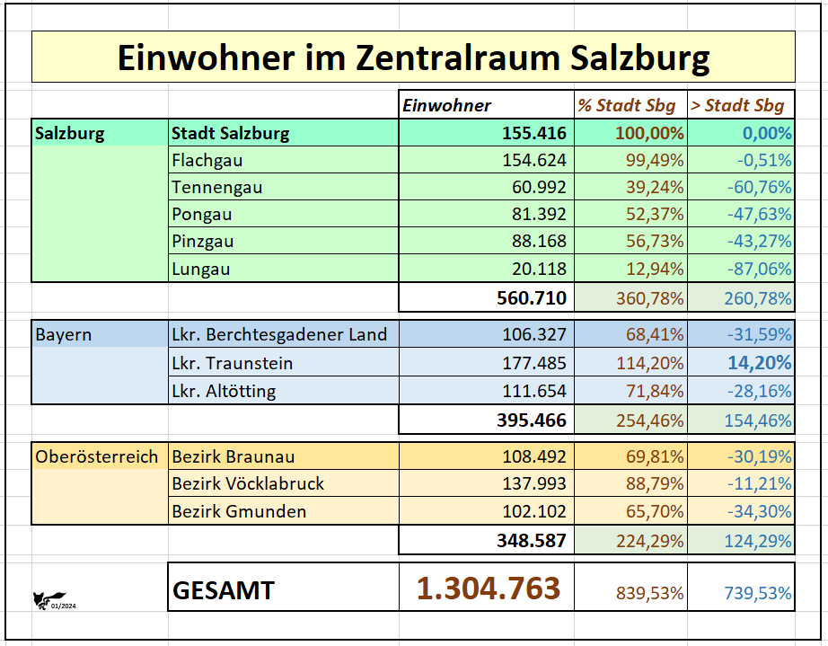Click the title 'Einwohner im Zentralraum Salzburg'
pyautogui.click(x=413, y=58)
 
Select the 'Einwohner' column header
pyautogui.click(x=447, y=105)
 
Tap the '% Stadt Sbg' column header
pyautogui.click(x=627, y=105)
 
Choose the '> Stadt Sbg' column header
pyautogui.click(x=737, y=105)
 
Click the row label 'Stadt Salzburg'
pyautogui.click(x=231, y=134)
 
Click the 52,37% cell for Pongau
pyautogui.click(x=656, y=215)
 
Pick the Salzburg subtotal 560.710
pyautogui.click(x=532, y=298)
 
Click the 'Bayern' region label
pyautogui.click(x=64, y=335)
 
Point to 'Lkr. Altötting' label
pyautogui.click(x=224, y=391)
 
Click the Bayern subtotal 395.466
pyautogui.click(x=532, y=420)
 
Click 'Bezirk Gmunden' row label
pyautogui.click(x=239, y=511)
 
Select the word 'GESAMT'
pyautogui.click(x=224, y=590)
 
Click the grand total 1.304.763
pyautogui.click(x=488, y=588)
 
